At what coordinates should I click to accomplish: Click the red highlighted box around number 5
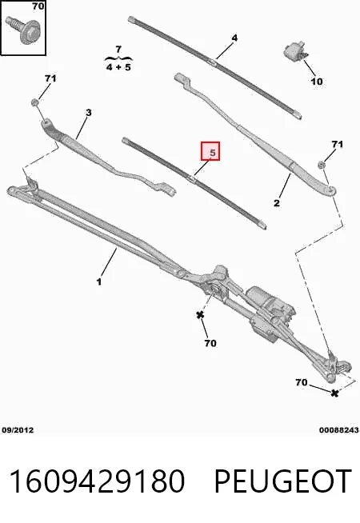210,151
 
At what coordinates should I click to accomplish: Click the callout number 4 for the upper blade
234,38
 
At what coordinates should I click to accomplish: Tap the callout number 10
317,81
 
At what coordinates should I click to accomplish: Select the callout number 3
88,113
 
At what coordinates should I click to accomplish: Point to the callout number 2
277,202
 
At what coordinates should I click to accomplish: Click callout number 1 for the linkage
98,281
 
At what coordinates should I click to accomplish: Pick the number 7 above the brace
118,50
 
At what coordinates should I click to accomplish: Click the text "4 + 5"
118,67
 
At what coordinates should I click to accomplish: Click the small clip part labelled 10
295,50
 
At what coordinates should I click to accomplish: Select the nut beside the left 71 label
34,102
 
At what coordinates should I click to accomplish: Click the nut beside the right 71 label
322,165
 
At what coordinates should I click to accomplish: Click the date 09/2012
18,430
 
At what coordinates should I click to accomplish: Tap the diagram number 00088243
339,430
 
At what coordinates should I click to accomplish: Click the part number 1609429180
97,481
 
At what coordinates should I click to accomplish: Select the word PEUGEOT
283,481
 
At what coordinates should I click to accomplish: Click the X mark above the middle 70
200,314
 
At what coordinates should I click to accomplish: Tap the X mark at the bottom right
334,393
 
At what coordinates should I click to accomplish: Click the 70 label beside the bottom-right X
301,382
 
